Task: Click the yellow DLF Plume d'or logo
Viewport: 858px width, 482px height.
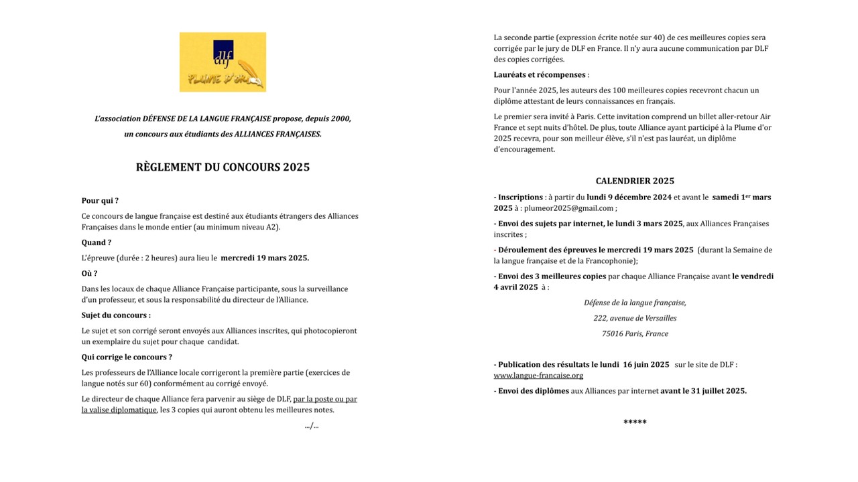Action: coord(223,62)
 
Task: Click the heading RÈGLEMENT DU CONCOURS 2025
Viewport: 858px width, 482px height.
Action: coord(223,167)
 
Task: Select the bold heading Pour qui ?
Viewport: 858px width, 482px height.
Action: coord(100,201)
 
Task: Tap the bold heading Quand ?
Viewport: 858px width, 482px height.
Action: coord(97,242)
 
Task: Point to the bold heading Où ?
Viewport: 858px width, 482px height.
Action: coord(89,273)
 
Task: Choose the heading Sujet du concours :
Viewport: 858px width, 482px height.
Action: coord(116,315)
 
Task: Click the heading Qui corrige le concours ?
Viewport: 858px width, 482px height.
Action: coord(127,357)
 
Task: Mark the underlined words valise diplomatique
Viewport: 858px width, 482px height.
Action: coord(119,410)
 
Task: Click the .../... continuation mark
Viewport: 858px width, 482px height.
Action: coord(311,426)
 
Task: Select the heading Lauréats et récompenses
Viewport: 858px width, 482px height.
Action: coord(540,75)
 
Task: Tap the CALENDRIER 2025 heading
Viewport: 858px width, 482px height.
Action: coord(635,181)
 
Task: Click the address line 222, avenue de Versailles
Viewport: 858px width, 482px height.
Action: coord(635,318)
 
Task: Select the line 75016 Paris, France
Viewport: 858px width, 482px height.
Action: coord(635,333)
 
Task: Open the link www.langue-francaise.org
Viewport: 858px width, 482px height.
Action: coord(538,376)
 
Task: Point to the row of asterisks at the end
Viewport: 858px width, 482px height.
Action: coord(635,422)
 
